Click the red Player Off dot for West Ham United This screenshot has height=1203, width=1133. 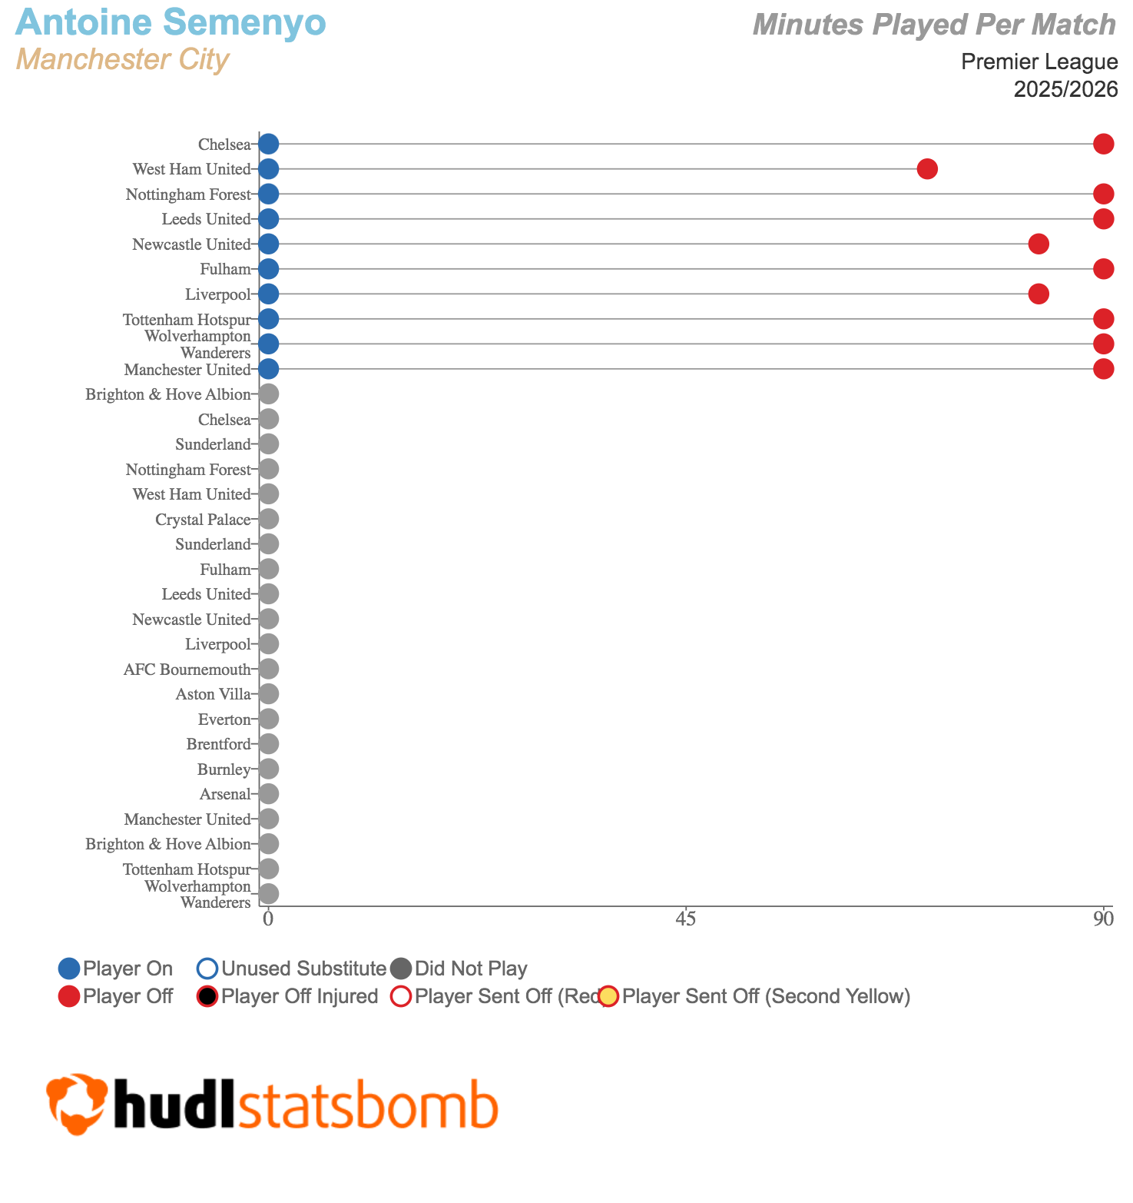[x=927, y=169]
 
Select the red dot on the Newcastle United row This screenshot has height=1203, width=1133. [x=1039, y=244]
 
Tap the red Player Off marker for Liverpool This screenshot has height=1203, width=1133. [x=1039, y=294]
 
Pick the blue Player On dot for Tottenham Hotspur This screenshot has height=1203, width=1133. [x=268, y=319]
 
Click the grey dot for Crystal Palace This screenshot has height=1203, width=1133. [x=268, y=520]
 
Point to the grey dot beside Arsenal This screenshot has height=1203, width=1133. [x=268, y=794]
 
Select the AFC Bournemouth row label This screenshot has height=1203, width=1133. [x=187, y=670]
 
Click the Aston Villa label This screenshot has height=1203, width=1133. [x=213, y=695]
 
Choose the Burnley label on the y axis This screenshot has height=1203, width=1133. [x=224, y=769]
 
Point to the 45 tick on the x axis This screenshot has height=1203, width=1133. [x=686, y=918]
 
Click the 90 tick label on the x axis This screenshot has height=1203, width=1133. [x=1104, y=918]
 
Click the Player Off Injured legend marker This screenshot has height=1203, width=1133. [x=208, y=997]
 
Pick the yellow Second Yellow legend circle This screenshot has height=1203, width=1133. [x=609, y=997]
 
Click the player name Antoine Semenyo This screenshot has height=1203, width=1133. [x=171, y=22]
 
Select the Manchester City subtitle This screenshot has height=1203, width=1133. [x=122, y=59]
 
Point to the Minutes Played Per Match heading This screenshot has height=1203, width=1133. [x=934, y=25]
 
